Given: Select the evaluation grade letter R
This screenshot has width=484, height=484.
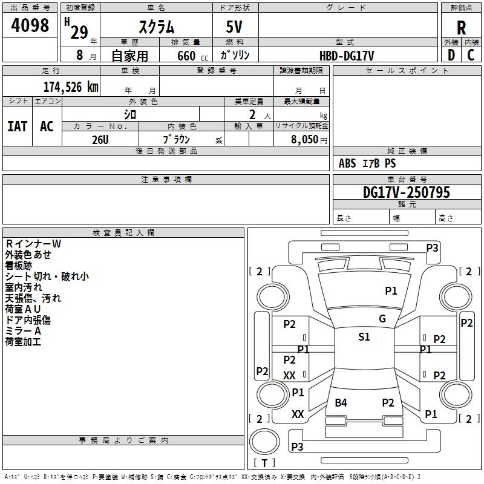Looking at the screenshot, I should (x=461, y=28).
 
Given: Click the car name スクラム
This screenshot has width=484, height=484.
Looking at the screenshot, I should (x=157, y=27).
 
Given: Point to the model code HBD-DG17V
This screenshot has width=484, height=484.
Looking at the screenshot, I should (x=347, y=56).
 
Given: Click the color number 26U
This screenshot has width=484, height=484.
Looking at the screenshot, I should (x=100, y=139).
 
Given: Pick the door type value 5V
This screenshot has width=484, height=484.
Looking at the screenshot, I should (x=235, y=27).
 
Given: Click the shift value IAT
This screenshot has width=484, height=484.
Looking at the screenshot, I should (x=18, y=126).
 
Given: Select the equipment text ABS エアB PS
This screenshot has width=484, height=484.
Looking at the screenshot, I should (x=367, y=163).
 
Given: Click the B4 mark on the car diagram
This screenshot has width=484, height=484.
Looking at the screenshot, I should (x=341, y=403).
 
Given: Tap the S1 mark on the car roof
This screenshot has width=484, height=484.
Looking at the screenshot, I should (x=364, y=337).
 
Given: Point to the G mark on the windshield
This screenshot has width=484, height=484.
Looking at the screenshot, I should (x=382, y=319).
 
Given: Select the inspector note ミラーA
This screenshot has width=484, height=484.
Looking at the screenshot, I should (x=23, y=331).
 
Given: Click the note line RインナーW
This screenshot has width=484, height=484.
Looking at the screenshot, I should (x=33, y=244).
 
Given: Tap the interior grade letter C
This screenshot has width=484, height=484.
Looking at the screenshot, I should (x=471, y=55).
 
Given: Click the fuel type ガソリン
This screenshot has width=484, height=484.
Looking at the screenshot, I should (x=235, y=56).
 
